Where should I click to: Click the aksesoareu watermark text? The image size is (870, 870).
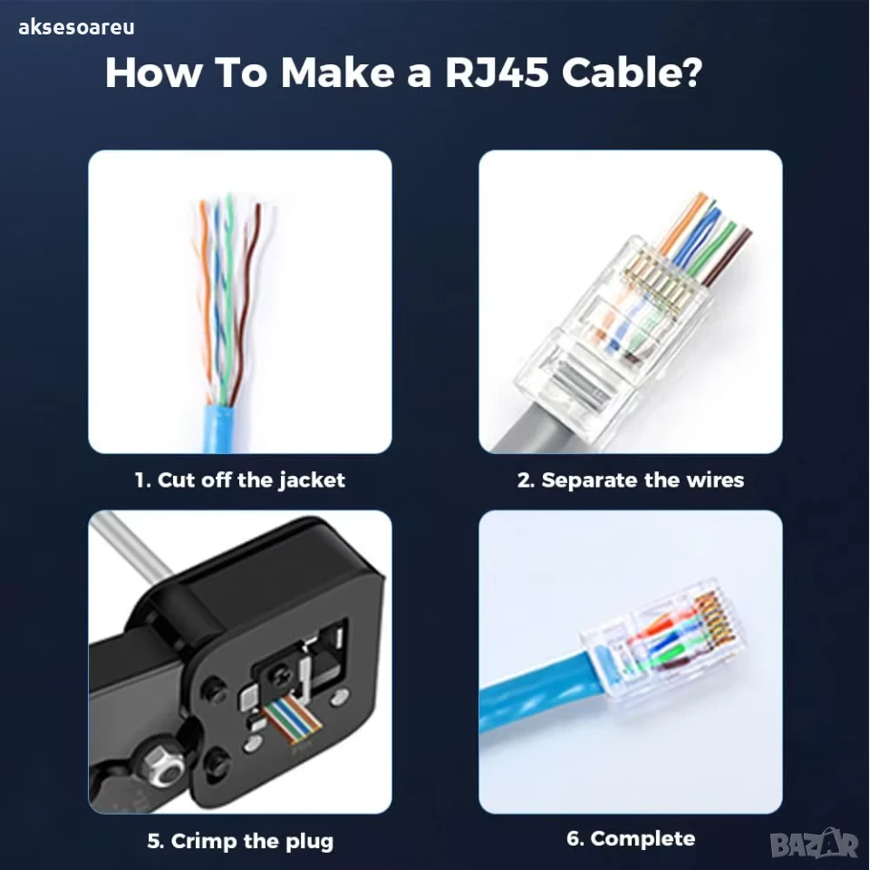point(76,27)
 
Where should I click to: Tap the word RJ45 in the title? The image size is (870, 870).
point(498,72)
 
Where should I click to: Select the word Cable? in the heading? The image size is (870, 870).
point(632,72)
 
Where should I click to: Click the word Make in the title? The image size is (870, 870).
point(337,72)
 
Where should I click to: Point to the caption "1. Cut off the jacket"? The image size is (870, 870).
point(239,480)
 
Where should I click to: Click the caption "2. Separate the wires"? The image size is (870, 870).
point(631,480)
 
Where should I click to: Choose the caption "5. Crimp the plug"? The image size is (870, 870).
point(240,841)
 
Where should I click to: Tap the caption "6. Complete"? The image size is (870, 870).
point(631,838)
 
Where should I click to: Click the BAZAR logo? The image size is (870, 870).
point(815,844)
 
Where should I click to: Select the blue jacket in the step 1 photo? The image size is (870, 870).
point(219,429)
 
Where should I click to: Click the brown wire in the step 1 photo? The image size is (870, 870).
point(246,300)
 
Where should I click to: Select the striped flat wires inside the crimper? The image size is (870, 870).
point(293,718)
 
